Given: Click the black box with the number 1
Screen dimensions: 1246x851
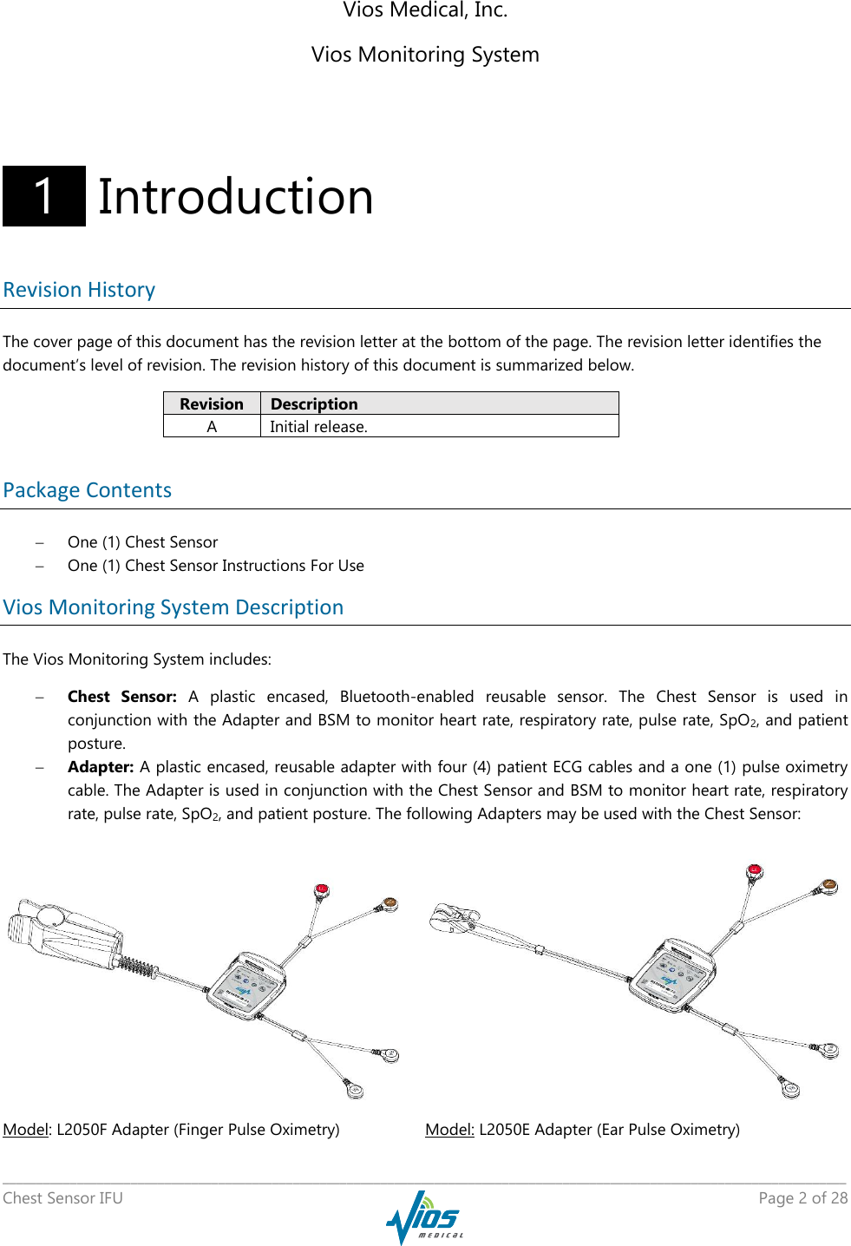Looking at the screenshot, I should pos(44,196).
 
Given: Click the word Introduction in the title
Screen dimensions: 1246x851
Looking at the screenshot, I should pos(235,197).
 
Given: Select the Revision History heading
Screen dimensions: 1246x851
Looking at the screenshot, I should pos(79,290).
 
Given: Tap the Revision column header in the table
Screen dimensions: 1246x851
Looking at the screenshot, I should pos(212,403).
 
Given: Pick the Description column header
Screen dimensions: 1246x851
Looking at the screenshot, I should pos(314,403).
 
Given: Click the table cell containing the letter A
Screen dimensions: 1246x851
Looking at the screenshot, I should pos(212,426).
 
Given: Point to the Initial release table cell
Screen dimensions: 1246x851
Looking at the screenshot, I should pos(318,426).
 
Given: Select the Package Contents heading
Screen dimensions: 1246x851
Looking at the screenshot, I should pos(88,490).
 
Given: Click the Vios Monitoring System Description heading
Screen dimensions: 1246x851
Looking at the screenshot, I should pos(173,607).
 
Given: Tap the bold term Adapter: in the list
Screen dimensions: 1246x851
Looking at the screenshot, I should pos(101,767).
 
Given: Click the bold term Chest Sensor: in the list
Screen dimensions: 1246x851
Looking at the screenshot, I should pos(121,697).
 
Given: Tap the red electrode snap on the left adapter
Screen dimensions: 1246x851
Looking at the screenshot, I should pos(322,889).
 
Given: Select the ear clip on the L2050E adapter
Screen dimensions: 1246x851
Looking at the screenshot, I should pos(455,917).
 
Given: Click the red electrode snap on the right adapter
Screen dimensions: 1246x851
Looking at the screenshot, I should pos(755,870).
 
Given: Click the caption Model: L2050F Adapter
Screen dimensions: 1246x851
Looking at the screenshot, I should pos(171,1129).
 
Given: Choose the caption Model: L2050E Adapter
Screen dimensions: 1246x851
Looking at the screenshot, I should pos(582,1129).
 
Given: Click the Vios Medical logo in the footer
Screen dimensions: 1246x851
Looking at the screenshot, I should pos(425,1216).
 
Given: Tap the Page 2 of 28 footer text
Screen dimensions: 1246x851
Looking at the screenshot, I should pos(802,1198).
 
